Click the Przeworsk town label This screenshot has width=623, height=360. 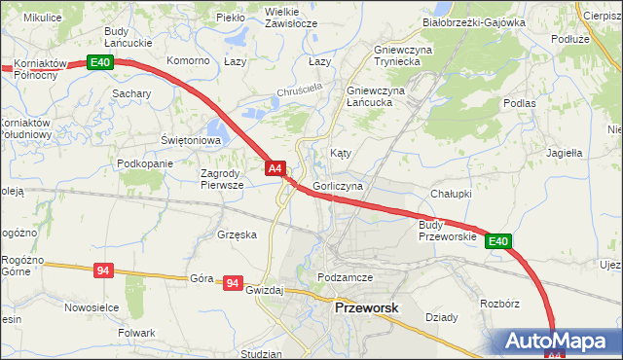click(366, 307)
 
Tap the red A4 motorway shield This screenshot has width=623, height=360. click(275, 168)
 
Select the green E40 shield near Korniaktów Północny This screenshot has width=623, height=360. click(101, 62)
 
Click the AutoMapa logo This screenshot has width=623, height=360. click(559, 342)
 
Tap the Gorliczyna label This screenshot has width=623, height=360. click(338, 186)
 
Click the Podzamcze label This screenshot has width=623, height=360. click(346, 277)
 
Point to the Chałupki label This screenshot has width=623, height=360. click(451, 194)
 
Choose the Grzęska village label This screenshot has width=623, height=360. click(238, 234)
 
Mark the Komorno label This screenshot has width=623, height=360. click(189, 60)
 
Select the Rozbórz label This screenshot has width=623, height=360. click(499, 304)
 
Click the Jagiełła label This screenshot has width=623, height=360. click(564, 153)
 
